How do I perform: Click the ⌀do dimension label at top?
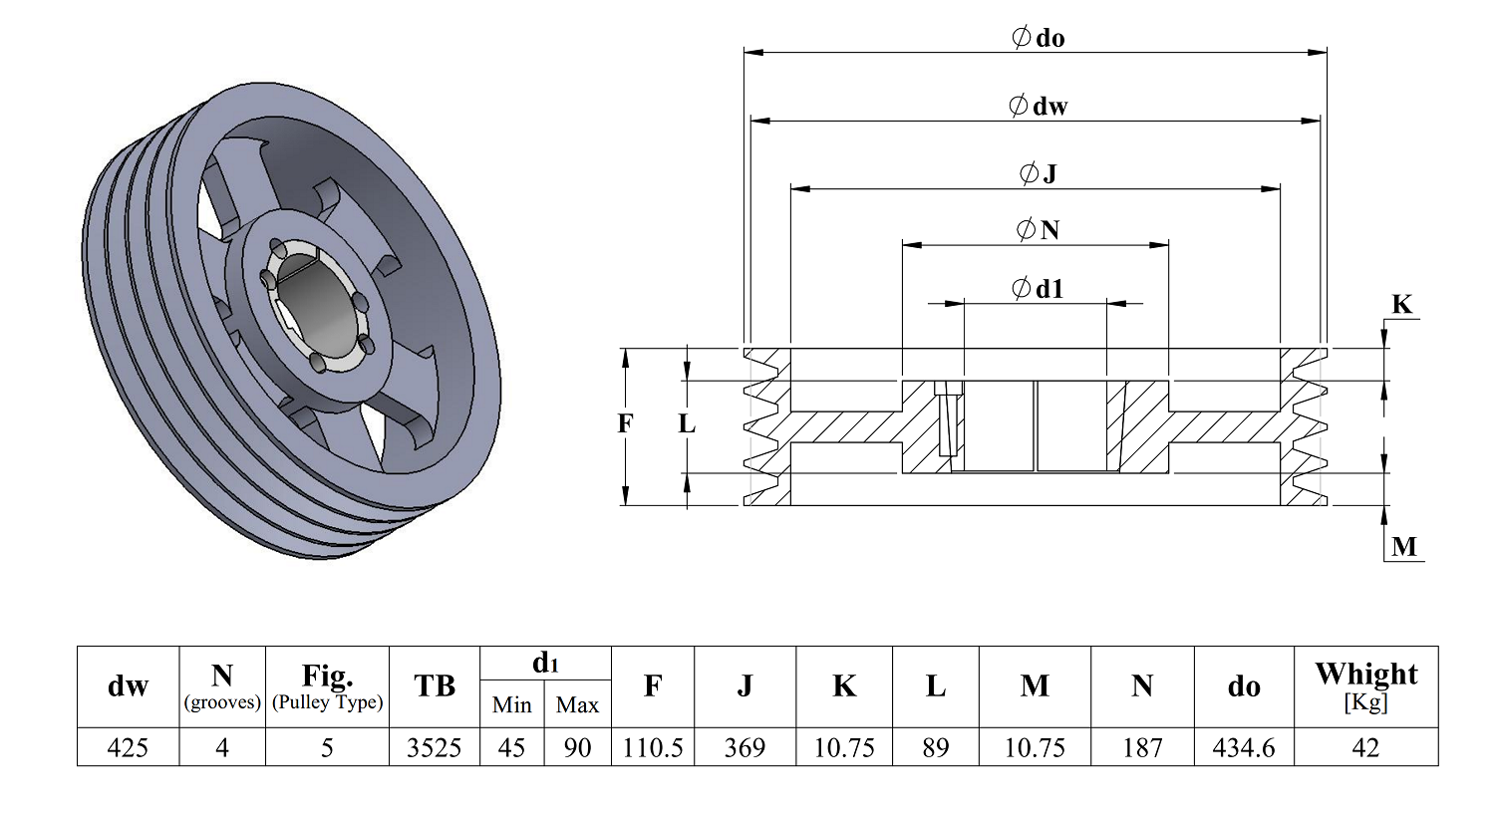coord(1038,37)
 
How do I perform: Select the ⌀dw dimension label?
coord(1038,106)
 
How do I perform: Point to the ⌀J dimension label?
coord(1038,173)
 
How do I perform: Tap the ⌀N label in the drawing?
coord(1038,230)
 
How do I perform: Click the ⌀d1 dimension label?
coord(1038,289)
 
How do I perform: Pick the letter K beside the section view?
coord(1401,305)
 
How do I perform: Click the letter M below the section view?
coord(1404,547)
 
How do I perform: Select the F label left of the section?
coord(625,423)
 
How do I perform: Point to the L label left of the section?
coord(687,423)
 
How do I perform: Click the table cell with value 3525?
coord(434,747)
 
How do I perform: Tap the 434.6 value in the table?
coord(1244,747)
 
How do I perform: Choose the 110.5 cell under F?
coord(653,747)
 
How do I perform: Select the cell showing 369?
coord(745,747)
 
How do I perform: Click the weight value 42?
coord(1365,747)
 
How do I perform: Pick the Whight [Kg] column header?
coord(1365,686)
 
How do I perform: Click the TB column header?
coord(434,686)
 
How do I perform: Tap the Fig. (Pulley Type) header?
coord(327,686)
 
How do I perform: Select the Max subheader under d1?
coord(577,705)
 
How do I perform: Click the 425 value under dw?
coord(128,747)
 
